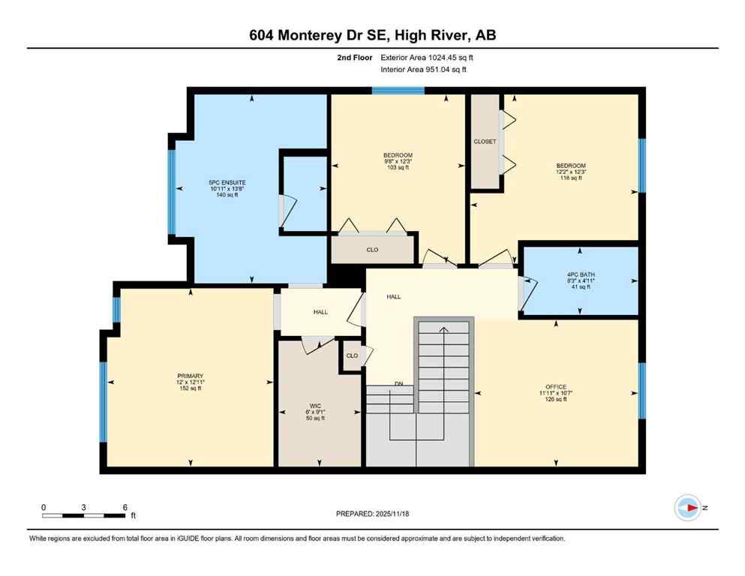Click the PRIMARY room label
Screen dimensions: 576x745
pyautogui.click(x=190, y=376)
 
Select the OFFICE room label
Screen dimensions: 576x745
pyautogui.click(x=556, y=386)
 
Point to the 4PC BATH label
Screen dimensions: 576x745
pyautogui.click(x=580, y=274)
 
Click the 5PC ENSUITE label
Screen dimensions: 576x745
pyautogui.click(x=227, y=182)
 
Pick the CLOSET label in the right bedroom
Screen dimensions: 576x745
pyautogui.click(x=484, y=141)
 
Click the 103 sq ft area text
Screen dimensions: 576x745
pyautogui.click(x=398, y=167)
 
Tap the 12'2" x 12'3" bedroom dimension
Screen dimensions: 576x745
pyautogui.click(x=570, y=172)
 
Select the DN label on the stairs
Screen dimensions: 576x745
pyautogui.click(x=399, y=384)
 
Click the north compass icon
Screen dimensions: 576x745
pyautogui.click(x=687, y=508)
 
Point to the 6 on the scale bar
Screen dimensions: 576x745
pyautogui.click(x=125, y=507)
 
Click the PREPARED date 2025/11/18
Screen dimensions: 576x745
pyautogui.click(x=372, y=514)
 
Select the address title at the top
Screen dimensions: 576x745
pyautogui.click(x=372, y=35)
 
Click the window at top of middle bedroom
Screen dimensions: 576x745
pyautogui.click(x=398, y=91)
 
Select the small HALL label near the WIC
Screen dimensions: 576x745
pyautogui.click(x=320, y=311)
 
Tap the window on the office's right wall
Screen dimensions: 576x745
pyautogui.click(x=641, y=390)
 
